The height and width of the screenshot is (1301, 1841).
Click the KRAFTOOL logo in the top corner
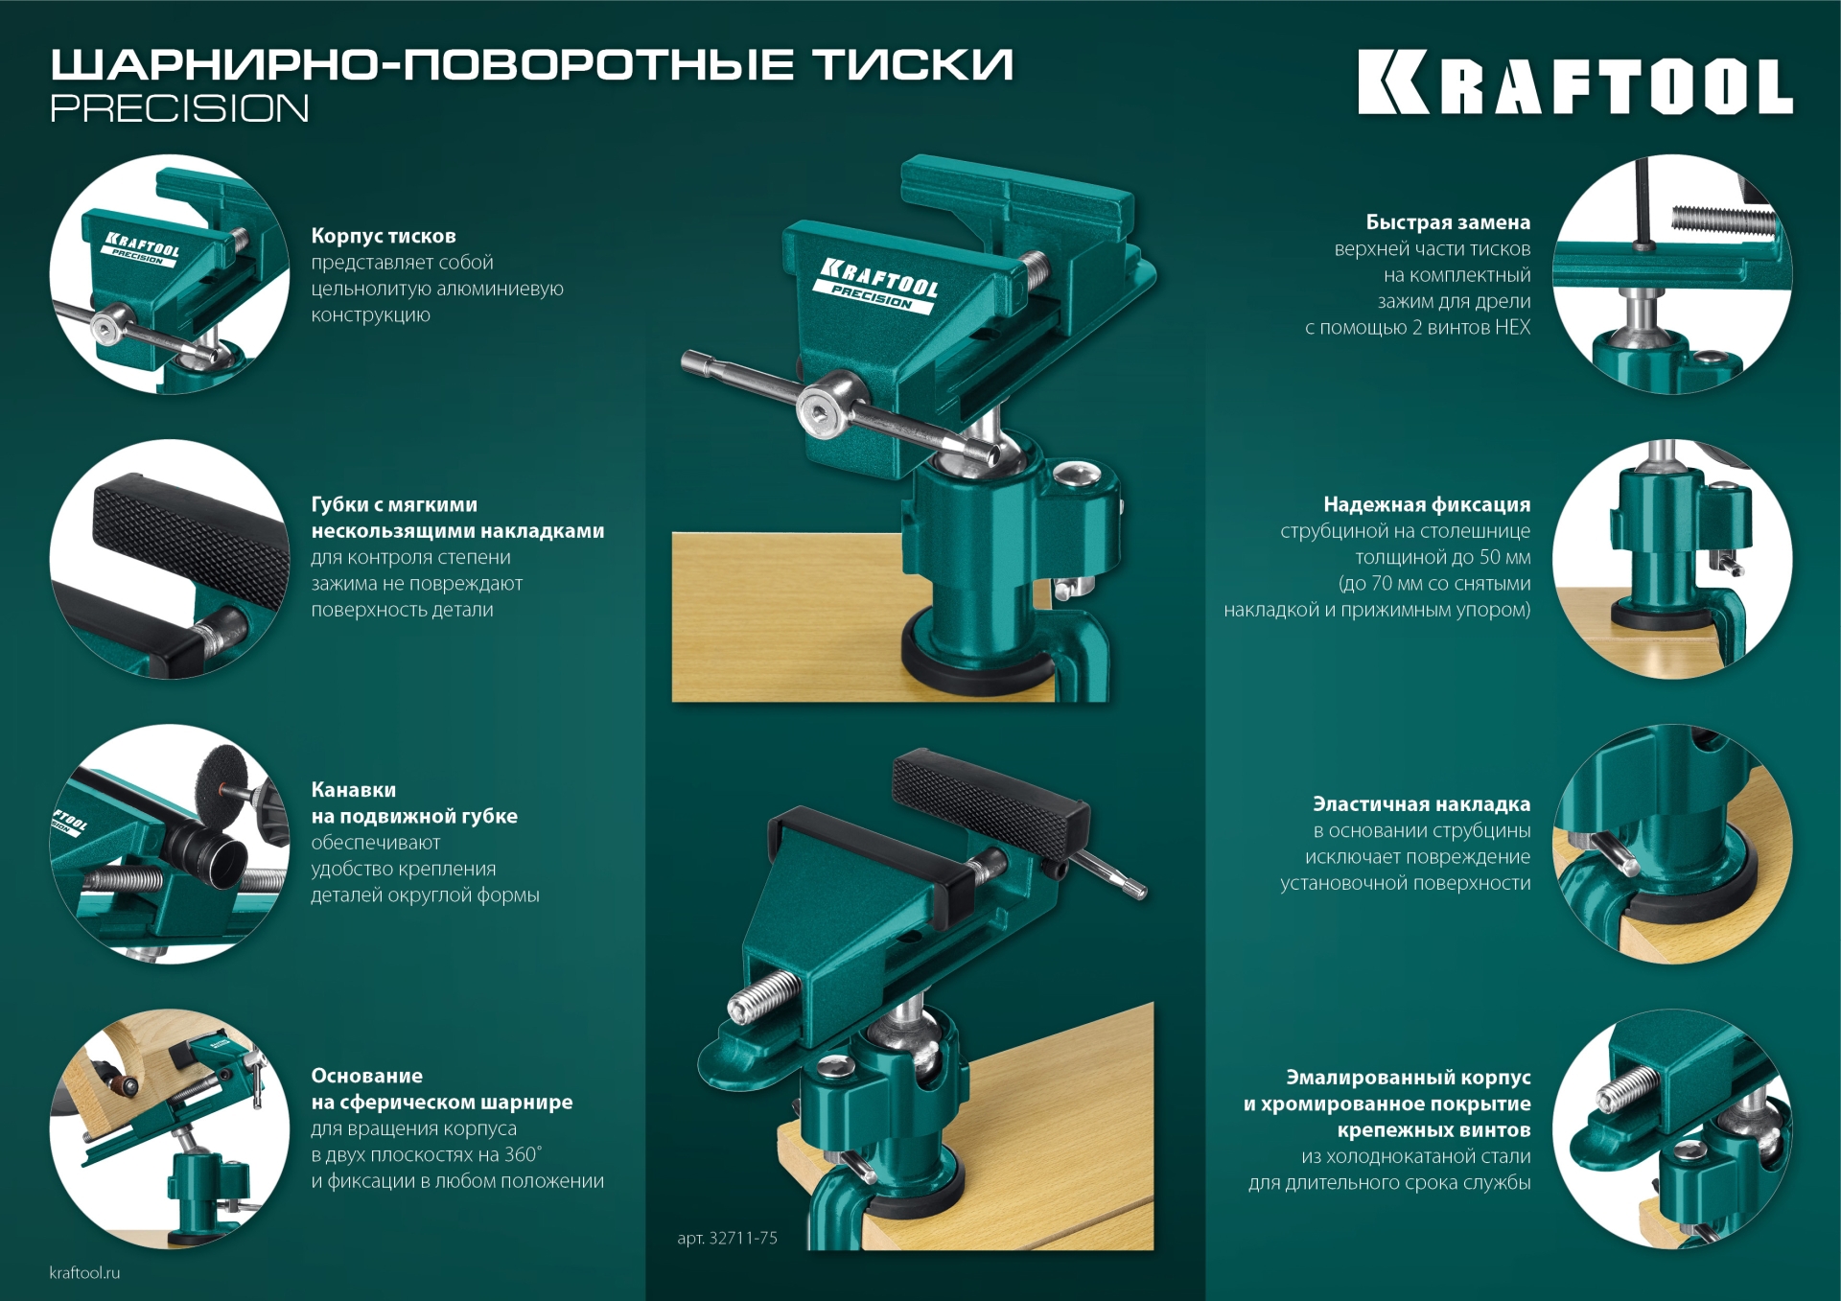tap(1574, 84)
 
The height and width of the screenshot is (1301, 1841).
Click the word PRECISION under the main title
tap(179, 108)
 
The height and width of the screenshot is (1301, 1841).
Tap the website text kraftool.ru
tap(84, 1272)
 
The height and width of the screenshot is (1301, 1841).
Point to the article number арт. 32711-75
tap(727, 1238)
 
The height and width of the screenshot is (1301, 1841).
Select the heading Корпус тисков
tap(384, 236)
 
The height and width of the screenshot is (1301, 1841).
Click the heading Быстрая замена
tap(1448, 222)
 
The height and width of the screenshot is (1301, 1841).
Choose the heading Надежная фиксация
tap(1427, 504)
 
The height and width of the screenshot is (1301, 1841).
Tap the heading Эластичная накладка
tap(1421, 804)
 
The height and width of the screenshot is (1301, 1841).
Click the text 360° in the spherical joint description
tap(523, 1154)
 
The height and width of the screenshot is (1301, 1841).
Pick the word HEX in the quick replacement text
tap(1512, 327)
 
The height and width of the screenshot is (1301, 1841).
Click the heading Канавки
tap(353, 790)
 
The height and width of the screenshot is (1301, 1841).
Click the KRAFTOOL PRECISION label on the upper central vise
tap(877, 285)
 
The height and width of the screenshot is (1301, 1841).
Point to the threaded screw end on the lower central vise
tap(762, 996)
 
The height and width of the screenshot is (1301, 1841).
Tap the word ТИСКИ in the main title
tap(912, 65)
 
